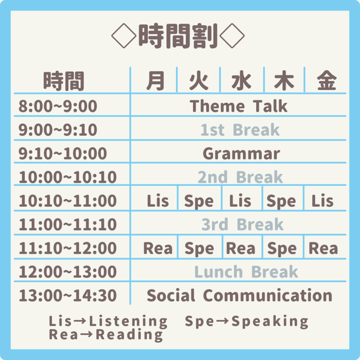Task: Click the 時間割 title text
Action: [x=178, y=36]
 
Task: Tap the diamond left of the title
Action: [x=124, y=36]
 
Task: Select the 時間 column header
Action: [x=64, y=81]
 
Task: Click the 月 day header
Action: [x=155, y=81]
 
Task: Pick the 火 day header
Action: [x=199, y=81]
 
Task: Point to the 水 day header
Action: [x=241, y=81]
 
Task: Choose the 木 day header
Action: [x=284, y=81]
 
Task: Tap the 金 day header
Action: [x=327, y=81]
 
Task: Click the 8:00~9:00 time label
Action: [x=58, y=106]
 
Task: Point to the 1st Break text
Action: [x=240, y=130]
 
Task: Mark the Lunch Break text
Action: [x=246, y=272]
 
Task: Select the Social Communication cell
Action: [x=239, y=295]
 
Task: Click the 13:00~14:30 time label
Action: [x=68, y=295]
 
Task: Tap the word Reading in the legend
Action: [x=129, y=335]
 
